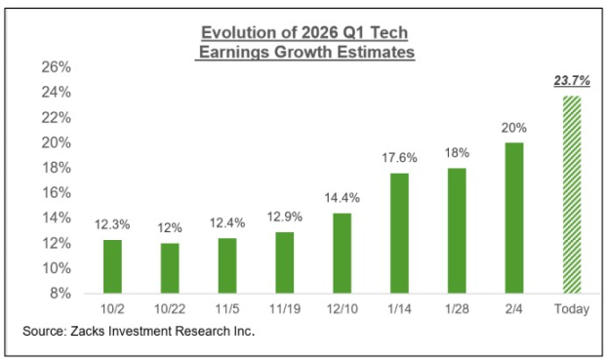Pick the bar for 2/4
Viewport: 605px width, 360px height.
click(514, 217)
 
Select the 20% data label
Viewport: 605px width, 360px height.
click(514, 129)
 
